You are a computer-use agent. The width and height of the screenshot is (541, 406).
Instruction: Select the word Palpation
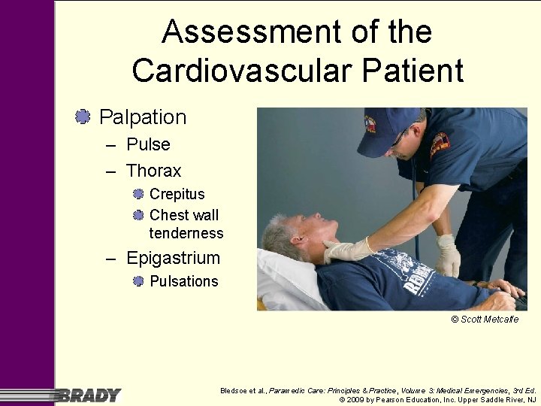point(143,117)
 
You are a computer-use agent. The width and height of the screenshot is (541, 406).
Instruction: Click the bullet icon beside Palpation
point(83,117)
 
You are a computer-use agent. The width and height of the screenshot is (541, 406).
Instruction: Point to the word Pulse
point(148,144)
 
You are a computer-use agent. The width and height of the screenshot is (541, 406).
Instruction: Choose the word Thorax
point(154,171)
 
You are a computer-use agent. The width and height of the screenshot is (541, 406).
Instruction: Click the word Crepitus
point(177,194)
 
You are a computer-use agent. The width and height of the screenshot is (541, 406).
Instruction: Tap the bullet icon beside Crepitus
point(138,194)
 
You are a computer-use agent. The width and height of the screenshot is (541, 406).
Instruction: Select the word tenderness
point(186,233)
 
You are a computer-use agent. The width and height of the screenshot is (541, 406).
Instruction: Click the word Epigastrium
point(173,259)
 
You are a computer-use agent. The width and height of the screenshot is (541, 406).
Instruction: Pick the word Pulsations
point(184,281)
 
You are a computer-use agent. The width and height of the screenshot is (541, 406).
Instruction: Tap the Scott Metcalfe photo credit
point(485,320)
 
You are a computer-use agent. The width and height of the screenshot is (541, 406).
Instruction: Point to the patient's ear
point(301,243)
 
